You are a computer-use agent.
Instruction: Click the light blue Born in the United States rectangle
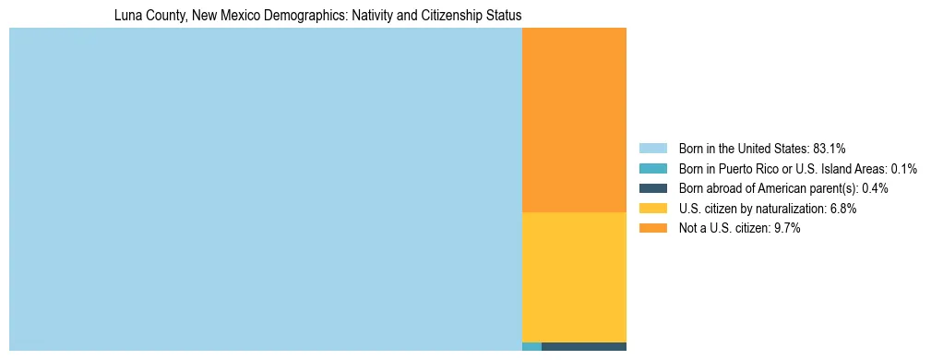click(x=265, y=189)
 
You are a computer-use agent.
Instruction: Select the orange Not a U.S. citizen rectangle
click(x=574, y=120)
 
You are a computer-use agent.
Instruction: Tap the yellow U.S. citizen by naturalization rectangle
click(x=574, y=277)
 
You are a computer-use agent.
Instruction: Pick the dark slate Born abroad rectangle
click(x=583, y=347)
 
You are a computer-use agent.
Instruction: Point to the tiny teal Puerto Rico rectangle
click(x=531, y=347)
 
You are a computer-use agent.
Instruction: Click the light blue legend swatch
click(x=652, y=149)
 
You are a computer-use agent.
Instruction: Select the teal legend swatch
click(x=652, y=169)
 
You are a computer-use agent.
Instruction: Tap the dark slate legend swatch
click(x=652, y=188)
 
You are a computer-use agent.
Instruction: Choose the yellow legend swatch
click(x=652, y=209)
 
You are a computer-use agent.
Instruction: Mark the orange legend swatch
click(x=652, y=229)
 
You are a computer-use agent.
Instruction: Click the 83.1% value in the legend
click(x=830, y=149)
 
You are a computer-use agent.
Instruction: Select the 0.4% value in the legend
click(x=875, y=188)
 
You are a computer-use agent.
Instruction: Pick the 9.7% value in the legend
click(x=786, y=229)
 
